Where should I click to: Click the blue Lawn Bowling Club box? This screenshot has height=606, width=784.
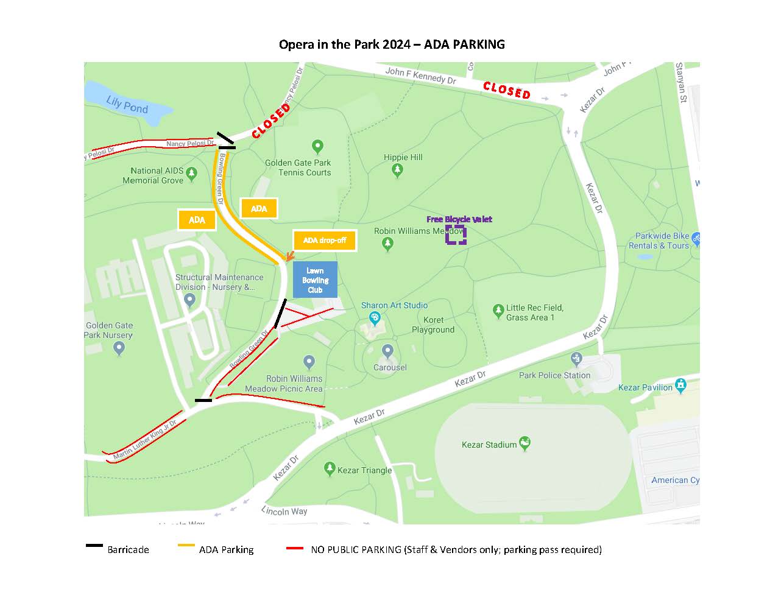click(x=315, y=280)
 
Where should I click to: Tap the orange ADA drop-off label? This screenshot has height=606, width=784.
click(x=325, y=240)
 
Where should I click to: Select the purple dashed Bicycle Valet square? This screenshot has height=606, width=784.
click(x=456, y=234)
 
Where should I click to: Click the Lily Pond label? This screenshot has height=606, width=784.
click(x=127, y=105)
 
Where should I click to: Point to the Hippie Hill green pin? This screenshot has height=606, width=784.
click(x=398, y=170)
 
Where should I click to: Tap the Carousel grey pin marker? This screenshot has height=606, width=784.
click(x=387, y=351)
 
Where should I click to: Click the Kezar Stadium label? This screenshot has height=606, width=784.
click(x=489, y=445)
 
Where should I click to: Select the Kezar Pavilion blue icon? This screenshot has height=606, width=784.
click(x=681, y=385)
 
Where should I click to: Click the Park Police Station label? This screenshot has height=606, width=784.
click(x=554, y=375)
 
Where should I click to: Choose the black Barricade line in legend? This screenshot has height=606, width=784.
click(x=94, y=546)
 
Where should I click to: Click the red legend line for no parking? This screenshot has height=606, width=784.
click(x=295, y=548)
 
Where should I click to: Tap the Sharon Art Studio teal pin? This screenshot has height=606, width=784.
click(x=375, y=317)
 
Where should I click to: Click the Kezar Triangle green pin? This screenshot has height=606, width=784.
click(x=330, y=468)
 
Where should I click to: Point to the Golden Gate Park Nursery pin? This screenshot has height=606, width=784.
click(x=119, y=348)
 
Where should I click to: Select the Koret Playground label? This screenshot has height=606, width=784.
click(x=433, y=325)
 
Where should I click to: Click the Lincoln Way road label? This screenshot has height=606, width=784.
click(x=284, y=510)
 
